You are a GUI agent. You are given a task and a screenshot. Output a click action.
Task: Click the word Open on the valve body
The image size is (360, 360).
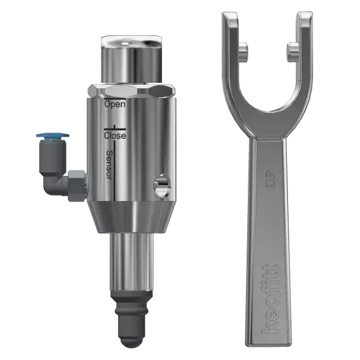tap(115, 104)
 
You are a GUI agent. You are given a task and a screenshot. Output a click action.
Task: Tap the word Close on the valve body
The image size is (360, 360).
tap(115, 136)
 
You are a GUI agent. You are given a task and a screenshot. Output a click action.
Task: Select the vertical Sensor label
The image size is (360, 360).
tap(110, 165)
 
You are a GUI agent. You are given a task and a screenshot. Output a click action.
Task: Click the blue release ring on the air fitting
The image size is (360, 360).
tap(53, 136)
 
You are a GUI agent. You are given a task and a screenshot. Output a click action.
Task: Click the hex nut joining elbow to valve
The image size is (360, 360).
tap(77, 186)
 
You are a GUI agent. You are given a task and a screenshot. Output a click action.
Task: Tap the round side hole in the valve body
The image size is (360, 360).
tap(162, 185)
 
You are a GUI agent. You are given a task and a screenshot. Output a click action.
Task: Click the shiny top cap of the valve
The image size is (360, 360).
tap(132, 59)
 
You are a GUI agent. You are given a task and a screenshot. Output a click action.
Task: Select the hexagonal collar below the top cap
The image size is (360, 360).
tap(131, 91)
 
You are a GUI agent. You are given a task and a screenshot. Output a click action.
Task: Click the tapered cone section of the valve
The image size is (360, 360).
tap(131, 217)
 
